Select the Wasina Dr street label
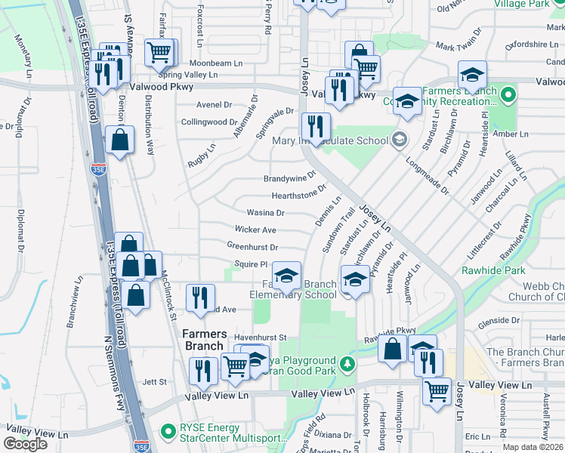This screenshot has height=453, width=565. (x=264, y=213)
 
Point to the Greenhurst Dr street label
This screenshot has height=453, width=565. (x=252, y=246)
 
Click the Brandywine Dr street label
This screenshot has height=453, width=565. (x=289, y=178)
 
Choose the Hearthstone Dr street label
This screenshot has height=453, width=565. (x=298, y=196)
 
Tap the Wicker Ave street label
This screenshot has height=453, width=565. (x=255, y=230)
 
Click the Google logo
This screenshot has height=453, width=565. (x=26, y=443)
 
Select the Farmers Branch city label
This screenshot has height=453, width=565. (x=204, y=340)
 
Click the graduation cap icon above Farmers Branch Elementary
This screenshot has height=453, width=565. (x=286, y=277)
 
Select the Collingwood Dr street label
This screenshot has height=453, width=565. (x=209, y=122)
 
